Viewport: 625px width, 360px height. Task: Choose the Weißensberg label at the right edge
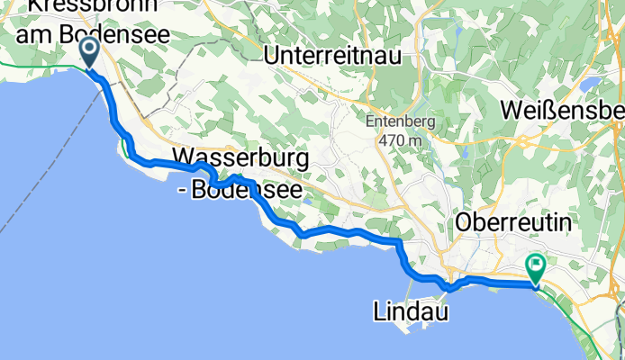pos(562,110)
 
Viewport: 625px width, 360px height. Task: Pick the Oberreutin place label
pos(514,221)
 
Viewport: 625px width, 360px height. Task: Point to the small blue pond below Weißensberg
pos(589,85)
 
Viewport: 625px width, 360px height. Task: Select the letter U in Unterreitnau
pos(273,54)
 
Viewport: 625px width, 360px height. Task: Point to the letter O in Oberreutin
pos(466,221)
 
